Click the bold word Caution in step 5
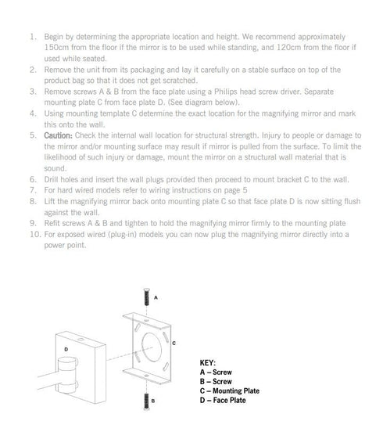point(58,135)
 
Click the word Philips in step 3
point(225,92)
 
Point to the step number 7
point(33,190)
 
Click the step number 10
point(35,234)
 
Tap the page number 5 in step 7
point(245,190)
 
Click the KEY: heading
point(208,363)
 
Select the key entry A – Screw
point(216,372)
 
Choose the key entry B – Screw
point(216,381)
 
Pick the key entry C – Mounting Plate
point(230,390)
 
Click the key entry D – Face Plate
point(223,400)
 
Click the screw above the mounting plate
point(146,297)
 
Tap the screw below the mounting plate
point(146,401)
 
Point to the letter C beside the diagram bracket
point(174,343)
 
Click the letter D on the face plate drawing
point(66,349)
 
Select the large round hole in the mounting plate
point(142,347)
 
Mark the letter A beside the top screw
point(156,297)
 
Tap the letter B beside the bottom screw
point(153,401)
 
